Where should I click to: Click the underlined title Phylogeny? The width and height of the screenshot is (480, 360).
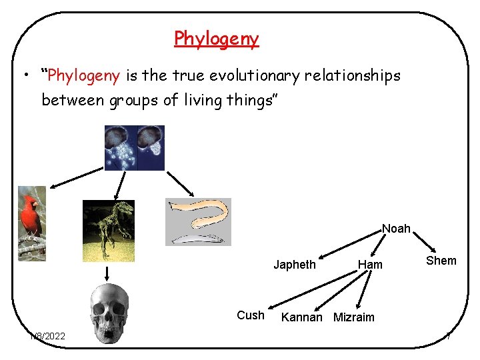pyautogui.click(x=216, y=39)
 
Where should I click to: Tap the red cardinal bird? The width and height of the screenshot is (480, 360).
pyautogui.click(x=32, y=223)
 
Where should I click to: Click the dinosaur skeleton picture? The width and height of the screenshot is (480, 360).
pyautogui.click(x=108, y=230)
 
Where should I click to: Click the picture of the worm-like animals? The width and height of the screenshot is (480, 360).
pyautogui.click(x=198, y=222)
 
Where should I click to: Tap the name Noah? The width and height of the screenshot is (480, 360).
pyautogui.click(x=396, y=229)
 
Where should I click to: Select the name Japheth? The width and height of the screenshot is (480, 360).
pyautogui.click(x=295, y=265)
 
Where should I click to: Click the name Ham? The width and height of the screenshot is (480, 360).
pyautogui.click(x=370, y=265)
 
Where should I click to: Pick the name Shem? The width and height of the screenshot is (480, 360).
pyautogui.click(x=441, y=261)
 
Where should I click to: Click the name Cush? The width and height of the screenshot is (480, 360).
pyautogui.click(x=251, y=315)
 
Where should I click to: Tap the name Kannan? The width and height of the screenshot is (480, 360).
pyautogui.click(x=302, y=317)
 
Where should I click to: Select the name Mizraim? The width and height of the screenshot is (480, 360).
pyautogui.click(x=353, y=317)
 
